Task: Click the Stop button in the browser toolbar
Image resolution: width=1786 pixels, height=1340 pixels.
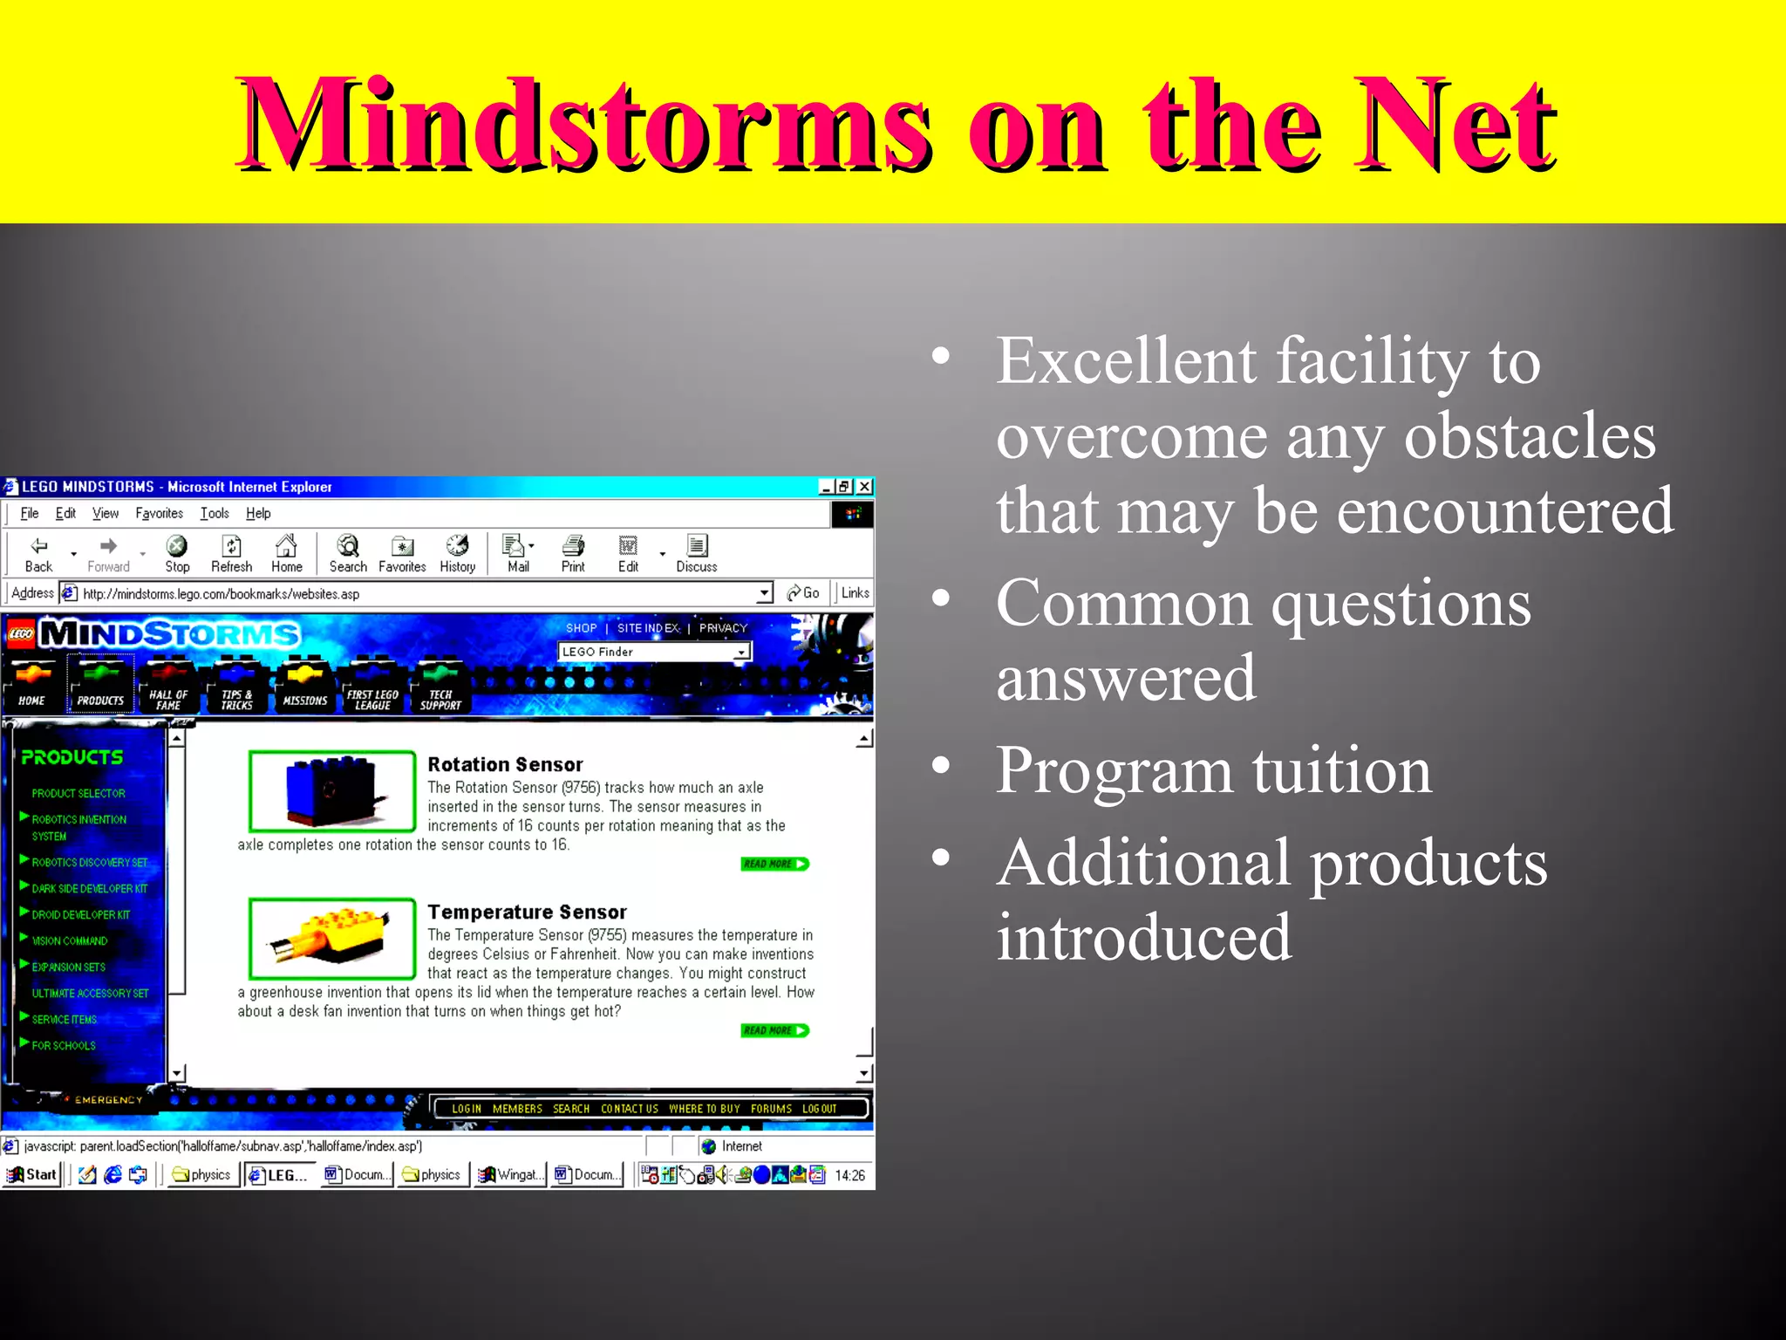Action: click(177, 554)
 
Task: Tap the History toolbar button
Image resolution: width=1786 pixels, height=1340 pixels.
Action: click(457, 554)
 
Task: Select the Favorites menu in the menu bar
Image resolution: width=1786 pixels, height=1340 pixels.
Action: click(159, 513)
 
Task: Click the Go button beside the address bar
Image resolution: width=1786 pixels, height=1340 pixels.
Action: click(803, 593)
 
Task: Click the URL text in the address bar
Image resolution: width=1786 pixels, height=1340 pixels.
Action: click(221, 594)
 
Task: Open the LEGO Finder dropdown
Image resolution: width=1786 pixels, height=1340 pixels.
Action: click(740, 652)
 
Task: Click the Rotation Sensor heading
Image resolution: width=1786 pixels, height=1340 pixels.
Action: click(505, 764)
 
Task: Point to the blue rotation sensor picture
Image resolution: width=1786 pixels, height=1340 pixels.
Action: click(331, 791)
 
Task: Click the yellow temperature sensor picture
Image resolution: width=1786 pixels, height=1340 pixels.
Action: click(331, 938)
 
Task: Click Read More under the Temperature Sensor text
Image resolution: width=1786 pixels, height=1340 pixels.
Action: click(774, 1030)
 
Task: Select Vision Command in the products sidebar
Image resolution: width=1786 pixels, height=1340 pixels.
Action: click(70, 940)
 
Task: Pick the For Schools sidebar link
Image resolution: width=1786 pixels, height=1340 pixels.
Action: click(64, 1045)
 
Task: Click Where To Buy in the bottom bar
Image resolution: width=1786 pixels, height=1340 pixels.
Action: click(704, 1109)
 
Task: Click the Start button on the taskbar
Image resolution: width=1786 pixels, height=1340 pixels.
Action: click(32, 1174)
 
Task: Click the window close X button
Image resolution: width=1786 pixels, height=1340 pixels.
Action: click(864, 487)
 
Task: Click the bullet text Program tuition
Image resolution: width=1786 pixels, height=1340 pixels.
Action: click(1213, 770)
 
